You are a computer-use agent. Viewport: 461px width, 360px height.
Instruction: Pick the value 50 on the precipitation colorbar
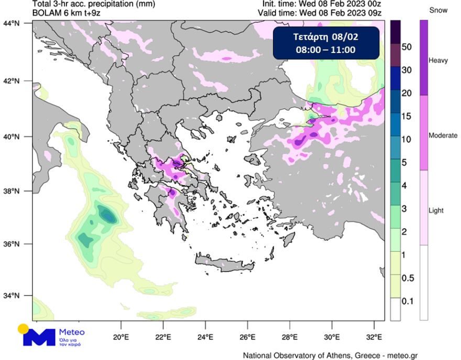coord(406,47)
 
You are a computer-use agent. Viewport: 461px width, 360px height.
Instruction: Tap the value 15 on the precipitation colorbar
coord(406,116)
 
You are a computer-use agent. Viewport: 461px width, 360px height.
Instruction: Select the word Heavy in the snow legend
coord(438,61)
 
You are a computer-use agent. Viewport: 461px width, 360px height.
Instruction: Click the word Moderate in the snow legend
coord(443,136)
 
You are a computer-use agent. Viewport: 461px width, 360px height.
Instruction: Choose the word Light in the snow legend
coord(436,211)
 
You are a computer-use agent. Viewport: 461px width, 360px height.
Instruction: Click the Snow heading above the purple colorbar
coord(437,10)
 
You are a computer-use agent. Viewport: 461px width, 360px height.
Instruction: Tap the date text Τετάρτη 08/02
coord(325,37)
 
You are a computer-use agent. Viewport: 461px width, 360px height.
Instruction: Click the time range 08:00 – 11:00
coord(325,50)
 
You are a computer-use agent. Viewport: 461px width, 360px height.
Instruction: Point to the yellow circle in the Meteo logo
coord(23,329)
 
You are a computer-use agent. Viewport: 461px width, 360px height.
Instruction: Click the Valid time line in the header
coord(322,13)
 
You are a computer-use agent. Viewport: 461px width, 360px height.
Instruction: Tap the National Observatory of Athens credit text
coord(330,356)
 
